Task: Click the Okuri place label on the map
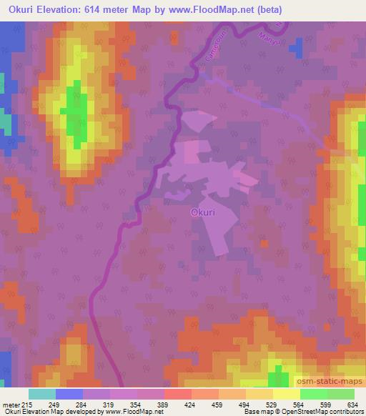[x=203, y=212]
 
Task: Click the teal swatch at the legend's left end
[x=42, y=394]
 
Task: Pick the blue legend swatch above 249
[x=69, y=394]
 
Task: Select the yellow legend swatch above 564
[x=286, y=394]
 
